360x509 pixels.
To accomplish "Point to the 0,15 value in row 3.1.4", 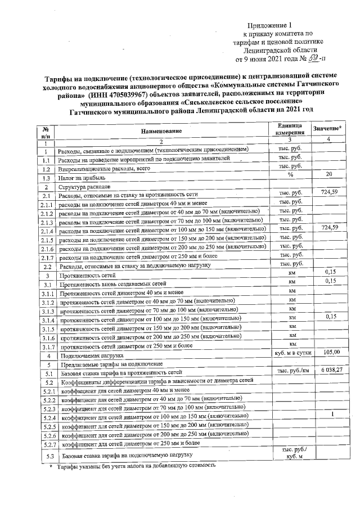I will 330,317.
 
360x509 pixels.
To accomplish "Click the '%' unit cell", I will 291,175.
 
